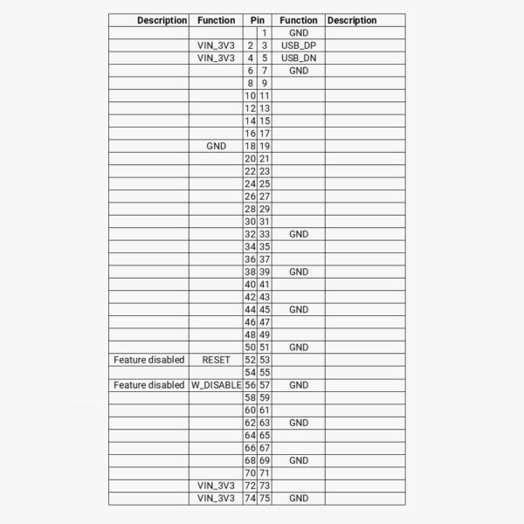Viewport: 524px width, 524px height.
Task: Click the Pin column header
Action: [x=258, y=20]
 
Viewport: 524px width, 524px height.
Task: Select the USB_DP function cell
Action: [x=299, y=45]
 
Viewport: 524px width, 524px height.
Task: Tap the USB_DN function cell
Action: [x=299, y=58]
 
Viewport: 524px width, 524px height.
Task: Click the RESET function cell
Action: [x=216, y=360]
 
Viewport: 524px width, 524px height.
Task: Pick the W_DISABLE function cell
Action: [x=216, y=385]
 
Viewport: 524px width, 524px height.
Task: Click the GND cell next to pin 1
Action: [x=299, y=32]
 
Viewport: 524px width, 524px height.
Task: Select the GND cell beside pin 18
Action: [x=216, y=146]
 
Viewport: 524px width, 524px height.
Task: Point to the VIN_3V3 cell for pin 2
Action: [x=216, y=45]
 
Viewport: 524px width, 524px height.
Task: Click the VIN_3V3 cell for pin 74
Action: [x=216, y=499]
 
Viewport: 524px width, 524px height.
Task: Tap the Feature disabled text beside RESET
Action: [x=149, y=360]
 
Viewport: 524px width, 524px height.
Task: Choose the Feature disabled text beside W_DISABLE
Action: [x=149, y=385]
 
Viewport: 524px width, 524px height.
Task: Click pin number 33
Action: [x=265, y=234]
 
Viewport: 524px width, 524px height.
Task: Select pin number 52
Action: [x=250, y=360]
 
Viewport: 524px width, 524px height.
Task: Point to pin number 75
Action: [x=265, y=499]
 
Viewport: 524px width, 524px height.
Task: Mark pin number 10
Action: [x=250, y=95]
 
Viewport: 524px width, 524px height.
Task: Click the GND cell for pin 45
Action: [x=299, y=310]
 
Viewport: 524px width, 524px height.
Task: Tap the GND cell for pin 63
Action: [x=299, y=423]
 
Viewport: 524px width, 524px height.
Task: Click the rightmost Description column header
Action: [x=352, y=20]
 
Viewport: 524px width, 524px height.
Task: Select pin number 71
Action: [x=265, y=473]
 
